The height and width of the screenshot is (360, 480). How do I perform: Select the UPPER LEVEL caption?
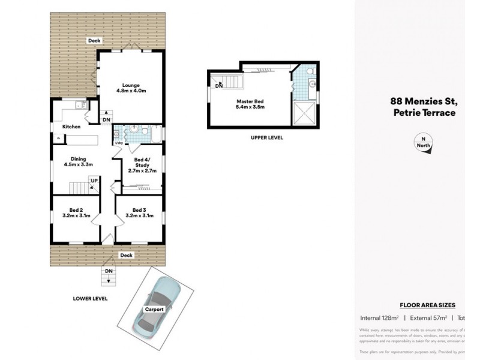tap(267, 137)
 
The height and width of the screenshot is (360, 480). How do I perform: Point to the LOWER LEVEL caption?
tap(90, 298)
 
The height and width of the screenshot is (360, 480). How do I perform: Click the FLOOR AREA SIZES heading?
tap(427, 305)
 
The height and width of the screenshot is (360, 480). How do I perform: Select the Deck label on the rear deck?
tap(94, 41)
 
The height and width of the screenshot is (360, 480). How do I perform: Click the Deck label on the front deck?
tap(126, 255)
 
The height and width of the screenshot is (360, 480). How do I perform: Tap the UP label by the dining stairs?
tap(94, 179)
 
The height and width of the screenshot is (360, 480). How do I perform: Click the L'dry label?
tap(119, 143)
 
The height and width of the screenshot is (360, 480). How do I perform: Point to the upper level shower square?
tap(304, 112)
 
